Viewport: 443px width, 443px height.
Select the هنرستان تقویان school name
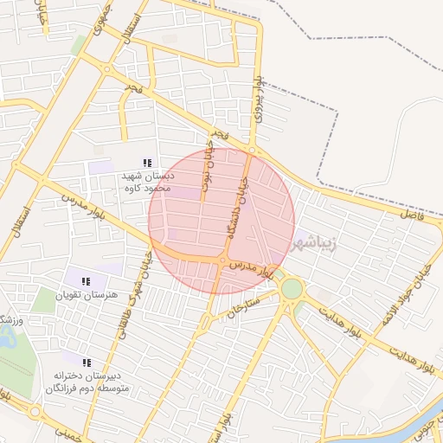tap(86, 296)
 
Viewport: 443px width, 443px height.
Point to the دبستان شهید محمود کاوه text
tap(147, 181)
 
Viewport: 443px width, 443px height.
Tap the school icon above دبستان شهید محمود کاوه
tap(147, 162)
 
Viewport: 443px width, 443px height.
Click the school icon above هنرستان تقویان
tap(86, 281)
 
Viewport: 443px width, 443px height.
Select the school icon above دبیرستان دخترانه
tap(86, 363)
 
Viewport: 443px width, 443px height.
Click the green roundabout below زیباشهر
tap(292, 287)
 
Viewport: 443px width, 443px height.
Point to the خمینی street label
tap(74, 433)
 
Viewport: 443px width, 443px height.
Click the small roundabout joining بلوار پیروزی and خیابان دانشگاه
tap(252, 151)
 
